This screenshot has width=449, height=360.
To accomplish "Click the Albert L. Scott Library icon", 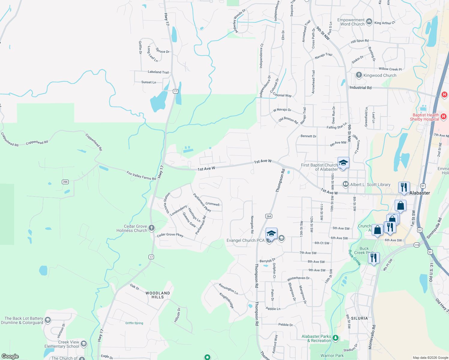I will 345,184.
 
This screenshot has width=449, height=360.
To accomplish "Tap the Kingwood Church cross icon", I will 359,75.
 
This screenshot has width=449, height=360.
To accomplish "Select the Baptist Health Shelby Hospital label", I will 424,117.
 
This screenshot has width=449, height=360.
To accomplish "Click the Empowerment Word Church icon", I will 369,22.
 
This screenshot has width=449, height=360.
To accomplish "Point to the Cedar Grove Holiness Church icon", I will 152,228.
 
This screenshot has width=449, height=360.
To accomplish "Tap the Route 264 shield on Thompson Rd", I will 269,216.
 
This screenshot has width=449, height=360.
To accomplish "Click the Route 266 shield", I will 65,182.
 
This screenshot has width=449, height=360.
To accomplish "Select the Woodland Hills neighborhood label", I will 158,295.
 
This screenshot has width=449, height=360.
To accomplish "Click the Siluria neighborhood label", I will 359,318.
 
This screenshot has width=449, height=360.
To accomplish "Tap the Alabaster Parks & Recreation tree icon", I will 336,338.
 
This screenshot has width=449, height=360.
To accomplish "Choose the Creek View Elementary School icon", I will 84,344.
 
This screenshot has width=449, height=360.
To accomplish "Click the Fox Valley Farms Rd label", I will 141,175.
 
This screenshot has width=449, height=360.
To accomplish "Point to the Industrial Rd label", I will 360,88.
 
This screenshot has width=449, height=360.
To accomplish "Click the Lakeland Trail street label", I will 158,72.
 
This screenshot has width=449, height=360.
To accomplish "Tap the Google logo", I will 10,356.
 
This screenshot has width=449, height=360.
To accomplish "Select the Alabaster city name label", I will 420,193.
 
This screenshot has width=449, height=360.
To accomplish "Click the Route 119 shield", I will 417,245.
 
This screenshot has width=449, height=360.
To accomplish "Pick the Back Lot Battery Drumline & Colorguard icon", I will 47,320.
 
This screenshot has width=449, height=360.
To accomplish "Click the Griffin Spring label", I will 134,323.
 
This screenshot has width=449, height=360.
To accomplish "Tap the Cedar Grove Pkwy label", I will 170,235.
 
